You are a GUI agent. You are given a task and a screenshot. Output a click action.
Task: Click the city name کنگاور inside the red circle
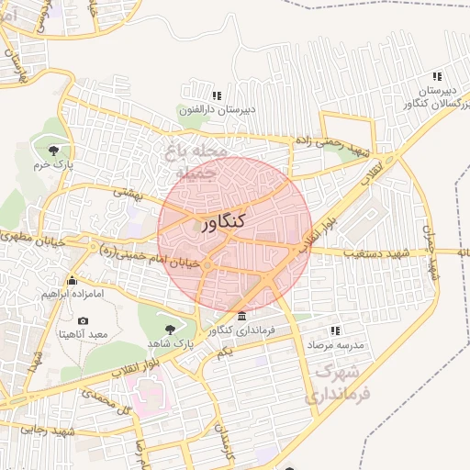click(x=220, y=223)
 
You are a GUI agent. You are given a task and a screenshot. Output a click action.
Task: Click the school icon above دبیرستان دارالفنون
click(x=217, y=95)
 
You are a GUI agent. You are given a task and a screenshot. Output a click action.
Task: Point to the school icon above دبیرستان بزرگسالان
click(x=438, y=76)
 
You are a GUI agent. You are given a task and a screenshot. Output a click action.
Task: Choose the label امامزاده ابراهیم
click(x=72, y=295)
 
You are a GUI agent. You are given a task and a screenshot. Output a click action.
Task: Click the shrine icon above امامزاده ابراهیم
click(x=72, y=280)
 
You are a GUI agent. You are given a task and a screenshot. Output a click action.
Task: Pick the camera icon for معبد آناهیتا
click(x=84, y=320)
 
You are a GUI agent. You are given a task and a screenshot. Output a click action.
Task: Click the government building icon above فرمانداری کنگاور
click(x=241, y=317)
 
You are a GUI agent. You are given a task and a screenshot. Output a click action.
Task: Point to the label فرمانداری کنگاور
click(x=241, y=330)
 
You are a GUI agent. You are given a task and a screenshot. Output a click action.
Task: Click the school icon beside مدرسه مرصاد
click(x=335, y=330)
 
